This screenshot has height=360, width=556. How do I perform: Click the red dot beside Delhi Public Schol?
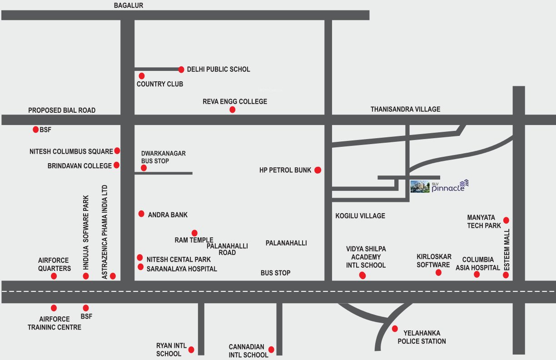(x=181, y=70)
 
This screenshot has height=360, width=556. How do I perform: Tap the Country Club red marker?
(x=142, y=76)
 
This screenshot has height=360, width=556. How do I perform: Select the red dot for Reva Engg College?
(x=233, y=110)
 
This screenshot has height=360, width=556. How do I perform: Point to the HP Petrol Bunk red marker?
(x=318, y=170)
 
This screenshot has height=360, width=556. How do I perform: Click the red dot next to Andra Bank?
(x=141, y=214)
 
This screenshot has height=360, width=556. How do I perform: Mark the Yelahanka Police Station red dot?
(x=395, y=329)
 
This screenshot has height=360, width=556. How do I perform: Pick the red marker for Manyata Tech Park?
(x=506, y=220)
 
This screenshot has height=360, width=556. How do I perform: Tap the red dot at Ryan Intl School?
(x=191, y=350)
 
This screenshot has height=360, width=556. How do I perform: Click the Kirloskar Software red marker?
(x=438, y=273)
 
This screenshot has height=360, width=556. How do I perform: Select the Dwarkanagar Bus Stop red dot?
(x=144, y=168)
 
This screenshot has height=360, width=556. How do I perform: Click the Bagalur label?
(x=129, y=5)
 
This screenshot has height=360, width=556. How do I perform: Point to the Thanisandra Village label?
(x=405, y=109)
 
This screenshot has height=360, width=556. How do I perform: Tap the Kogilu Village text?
(x=360, y=216)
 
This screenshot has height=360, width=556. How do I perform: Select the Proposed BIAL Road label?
(x=62, y=110)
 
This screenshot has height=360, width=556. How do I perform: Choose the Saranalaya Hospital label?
(x=182, y=269)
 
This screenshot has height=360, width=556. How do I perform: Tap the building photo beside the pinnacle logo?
(x=420, y=186)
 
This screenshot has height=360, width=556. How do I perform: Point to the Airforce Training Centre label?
(x=55, y=323)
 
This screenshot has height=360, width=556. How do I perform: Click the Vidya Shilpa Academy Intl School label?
(x=366, y=257)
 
